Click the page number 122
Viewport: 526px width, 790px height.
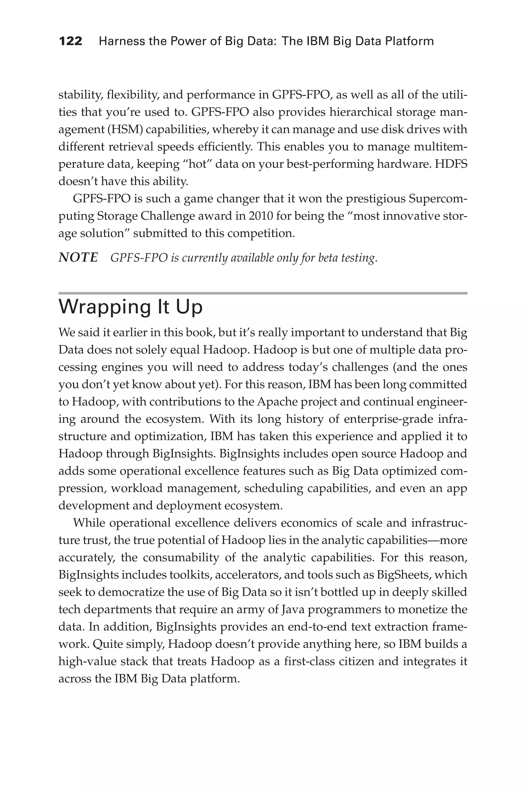[x=70, y=41]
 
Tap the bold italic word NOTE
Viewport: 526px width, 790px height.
[x=78, y=258]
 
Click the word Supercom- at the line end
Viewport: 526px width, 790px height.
[x=438, y=199]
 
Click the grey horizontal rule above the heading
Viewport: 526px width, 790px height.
[x=263, y=293]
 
